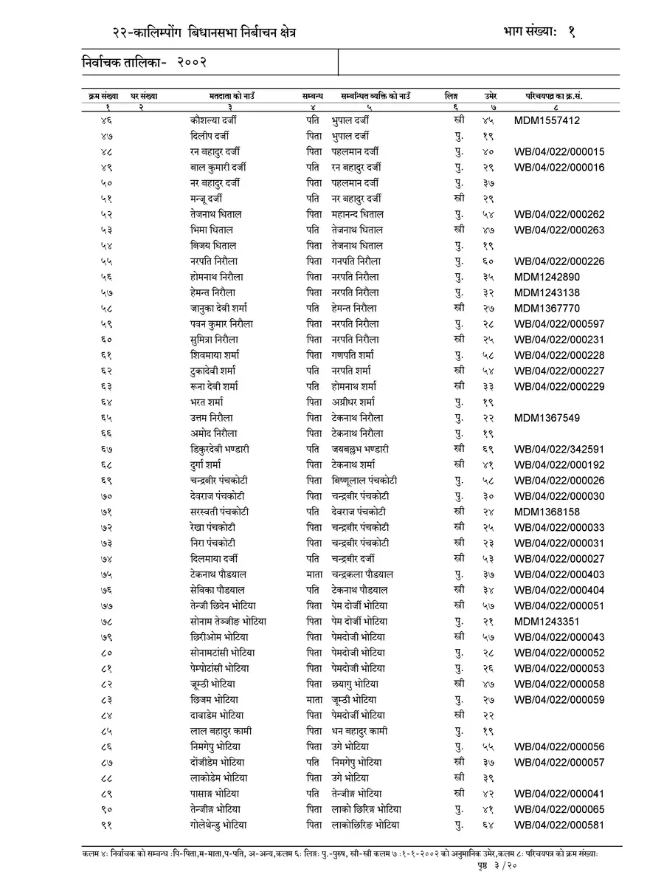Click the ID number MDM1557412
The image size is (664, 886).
pyautogui.click(x=547, y=120)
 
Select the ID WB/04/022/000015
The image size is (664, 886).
pyautogui.click(x=559, y=151)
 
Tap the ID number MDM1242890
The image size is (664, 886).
pyautogui.click(x=547, y=277)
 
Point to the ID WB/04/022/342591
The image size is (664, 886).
pyautogui.click(x=559, y=449)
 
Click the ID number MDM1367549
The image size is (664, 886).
pyautogui.click(x=547, y=418)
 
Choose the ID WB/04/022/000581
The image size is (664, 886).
pyautogui.click(x=559, y=825)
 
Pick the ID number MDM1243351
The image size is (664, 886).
pyautogui.click(x=547, y=622)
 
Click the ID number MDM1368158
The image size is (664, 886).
pyautogui.click(x=547, y=512)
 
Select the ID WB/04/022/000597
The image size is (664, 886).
pyautogui.click(x=559, y=324)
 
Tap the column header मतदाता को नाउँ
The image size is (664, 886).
pyautogui.click(x=232, y=96)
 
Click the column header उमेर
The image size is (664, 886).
pyautogui.click(x=490, y=96)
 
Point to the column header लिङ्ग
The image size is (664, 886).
pyautogui.click(x=452, y=96)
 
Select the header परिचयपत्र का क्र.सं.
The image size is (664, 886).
pyautogui.click(x=559, y=96)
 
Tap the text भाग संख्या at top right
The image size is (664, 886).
pyautogui.click(x=525, y=31)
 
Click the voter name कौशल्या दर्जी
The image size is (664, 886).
pyautogui.click(x=212, y=120)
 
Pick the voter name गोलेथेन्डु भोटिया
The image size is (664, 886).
pyautogui.click(x=218, y=825)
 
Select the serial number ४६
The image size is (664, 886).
pyautogui.click(x=107, y=120)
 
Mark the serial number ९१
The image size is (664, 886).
pyautogui.click(x=107, y=825)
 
